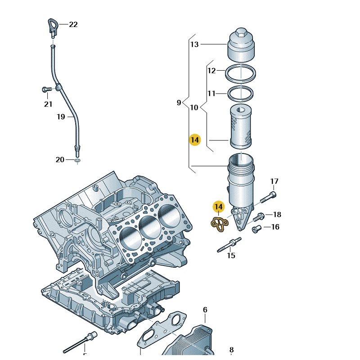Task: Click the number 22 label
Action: pyautogui.click(x=73, y=25)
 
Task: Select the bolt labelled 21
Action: pyautogui.click(x=45, y=90)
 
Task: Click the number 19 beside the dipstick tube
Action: pyautogui.click(x=61, y=117)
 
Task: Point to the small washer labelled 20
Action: pyautogui.click(x=77, y=160)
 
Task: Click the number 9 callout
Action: pyautogui.click(x=179, y=103)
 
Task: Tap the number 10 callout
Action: pyautogui.click(x=194, y=108)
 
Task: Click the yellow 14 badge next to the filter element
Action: pyautogui.click(x=194, y=140)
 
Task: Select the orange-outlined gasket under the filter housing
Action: pyautogui.click(x=220, y=224)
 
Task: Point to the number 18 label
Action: pyautogui.click(x=277, y=215)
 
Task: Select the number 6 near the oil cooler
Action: pyautogui.click(x=205, y=310)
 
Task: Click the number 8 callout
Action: pyautogui.click(x=231, y=350)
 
